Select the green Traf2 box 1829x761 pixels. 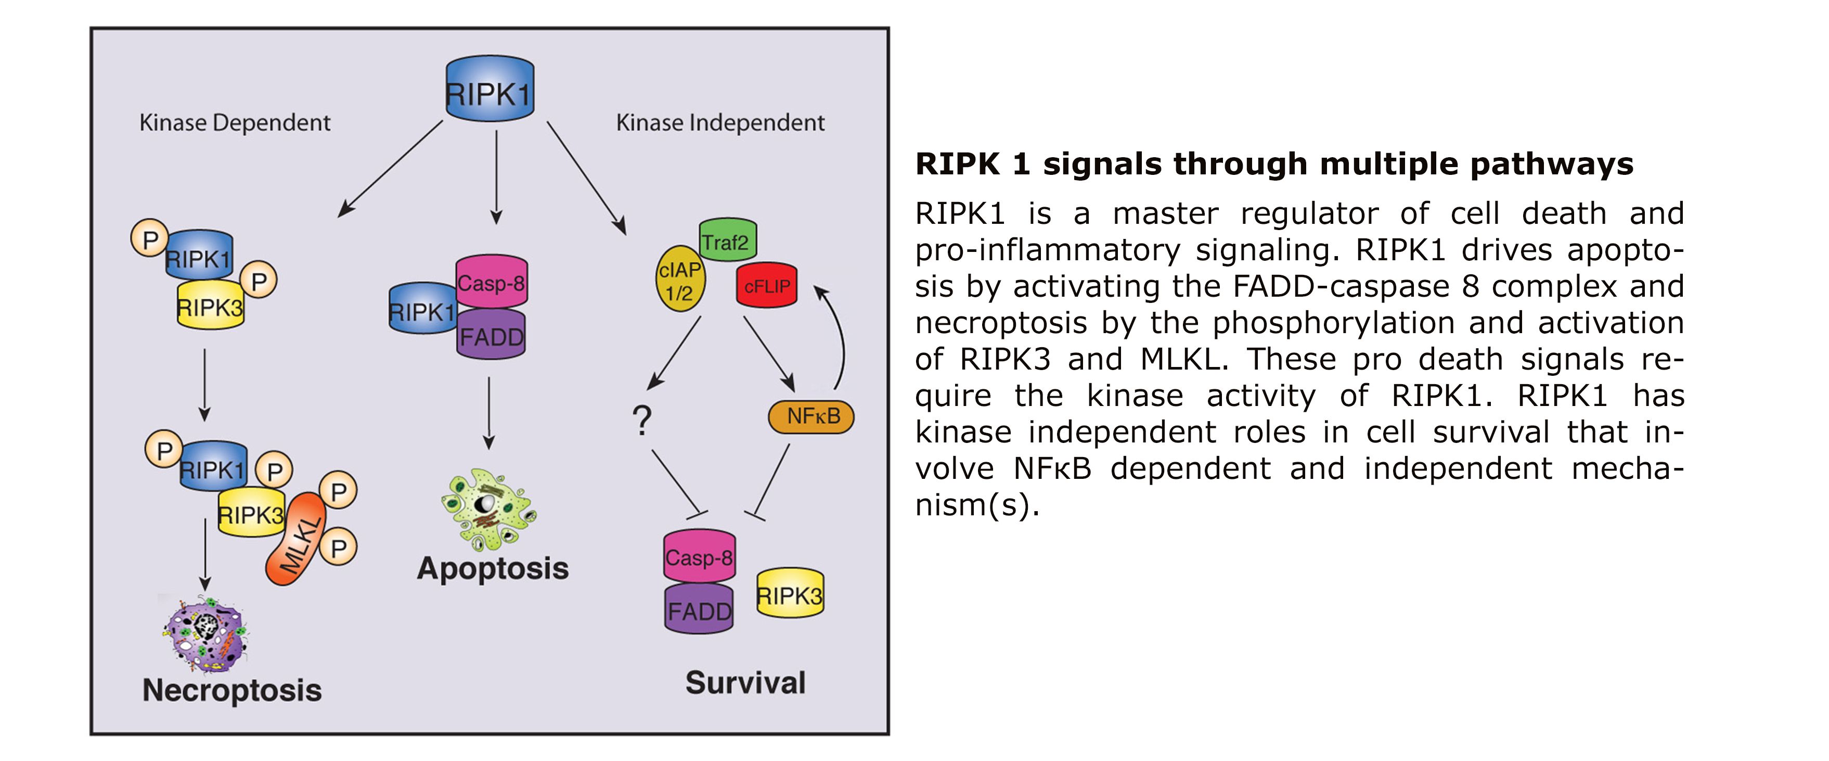click(x=728, y=240)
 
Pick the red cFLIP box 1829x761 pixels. click(x=767, y=286)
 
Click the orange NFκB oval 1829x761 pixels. click(x=811, y=416)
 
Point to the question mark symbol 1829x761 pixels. click(x=642, y=421)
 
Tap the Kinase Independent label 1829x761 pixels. click(x=720, y=123)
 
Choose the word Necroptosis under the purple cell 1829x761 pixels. click(x=232, y=690)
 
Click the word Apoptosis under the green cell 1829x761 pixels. click(x=493, y=568)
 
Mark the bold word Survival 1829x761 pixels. click(x=745, y=683)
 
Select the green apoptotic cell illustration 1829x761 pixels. click(x=488, y=508)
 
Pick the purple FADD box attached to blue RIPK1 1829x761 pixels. click(x=492, y=335)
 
